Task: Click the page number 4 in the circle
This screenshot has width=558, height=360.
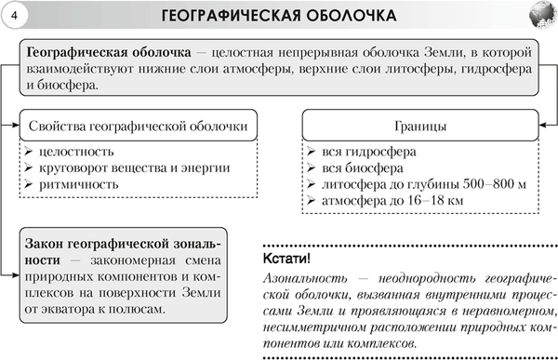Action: (x=15, y=16)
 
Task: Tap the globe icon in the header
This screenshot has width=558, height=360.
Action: (x=538, y=16)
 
